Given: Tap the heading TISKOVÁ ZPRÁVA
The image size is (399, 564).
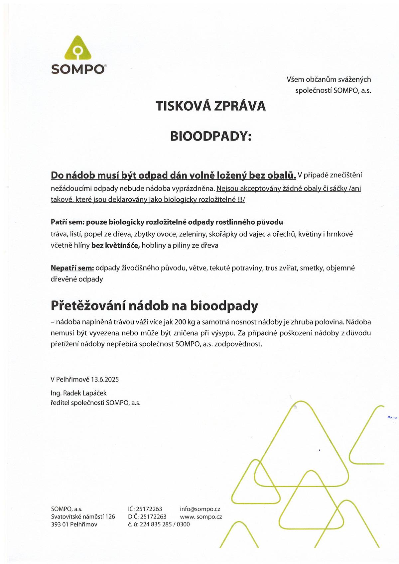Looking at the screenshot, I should pyautogui.click(x=211, y=106).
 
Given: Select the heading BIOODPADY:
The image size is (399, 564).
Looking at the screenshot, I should pyautogui.click(x=211, y=136).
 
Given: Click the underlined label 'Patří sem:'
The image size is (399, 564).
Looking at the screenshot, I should pyautogui.click(x=67, y=222).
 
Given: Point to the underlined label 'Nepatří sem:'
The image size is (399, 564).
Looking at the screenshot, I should pyautogui.click(x=72, y=268).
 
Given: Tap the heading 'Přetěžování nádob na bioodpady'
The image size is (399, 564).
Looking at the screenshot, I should pyautogui.click(x=154, y=306).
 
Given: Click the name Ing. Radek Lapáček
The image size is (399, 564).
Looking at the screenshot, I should pyautogui.click(x=78, y=393).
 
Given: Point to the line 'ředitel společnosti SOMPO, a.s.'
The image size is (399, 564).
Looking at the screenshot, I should pyautogui.click(x=95, y=403).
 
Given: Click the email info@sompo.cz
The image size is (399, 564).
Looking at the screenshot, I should pyautogui.click(x=200, y=509).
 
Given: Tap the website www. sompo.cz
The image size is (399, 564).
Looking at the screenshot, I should pyautogui.click(x=201, y=517).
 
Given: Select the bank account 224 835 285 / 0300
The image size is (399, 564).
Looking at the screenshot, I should pyautogui.click(x=165, y=524).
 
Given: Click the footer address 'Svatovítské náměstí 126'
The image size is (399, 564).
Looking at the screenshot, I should pyautogui.click(x=83, y=517).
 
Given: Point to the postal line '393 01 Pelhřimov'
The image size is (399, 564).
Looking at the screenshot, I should pyautogui.click(x=74, y=524).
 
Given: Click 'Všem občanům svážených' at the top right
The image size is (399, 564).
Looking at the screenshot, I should pyautogui.click(x=329, y=79).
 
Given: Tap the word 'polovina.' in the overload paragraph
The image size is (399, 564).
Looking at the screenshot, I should pyautogui.click(x=330, y=322).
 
